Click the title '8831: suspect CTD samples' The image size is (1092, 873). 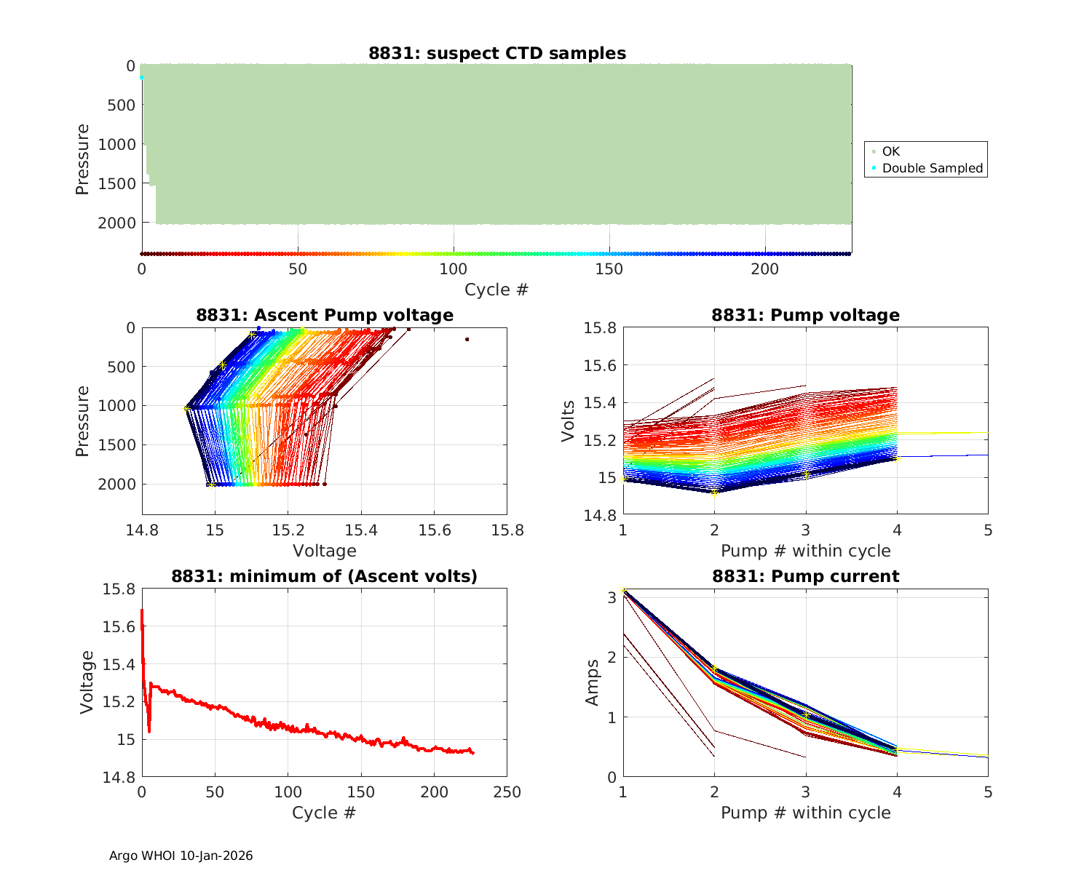496,53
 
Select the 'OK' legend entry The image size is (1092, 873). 890,151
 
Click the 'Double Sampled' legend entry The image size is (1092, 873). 932,168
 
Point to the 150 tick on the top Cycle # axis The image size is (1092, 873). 609,269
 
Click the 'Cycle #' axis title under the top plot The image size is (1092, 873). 496,290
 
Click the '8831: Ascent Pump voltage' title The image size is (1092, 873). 325,315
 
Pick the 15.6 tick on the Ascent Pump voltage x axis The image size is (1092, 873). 434,530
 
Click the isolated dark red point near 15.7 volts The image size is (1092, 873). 467,339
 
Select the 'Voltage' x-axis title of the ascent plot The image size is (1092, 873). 325,551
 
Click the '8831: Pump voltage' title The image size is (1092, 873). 805,315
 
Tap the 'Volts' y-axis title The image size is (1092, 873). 568,420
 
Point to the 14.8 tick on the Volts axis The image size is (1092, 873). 601,515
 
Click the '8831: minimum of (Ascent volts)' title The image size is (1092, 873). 325,576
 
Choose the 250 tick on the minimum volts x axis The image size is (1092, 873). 507,792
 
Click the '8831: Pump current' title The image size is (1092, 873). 805,576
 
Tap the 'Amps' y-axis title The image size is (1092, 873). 593,682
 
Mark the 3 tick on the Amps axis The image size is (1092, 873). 611,597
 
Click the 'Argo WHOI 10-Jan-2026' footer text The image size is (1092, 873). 181,856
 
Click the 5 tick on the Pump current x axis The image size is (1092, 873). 988,792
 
